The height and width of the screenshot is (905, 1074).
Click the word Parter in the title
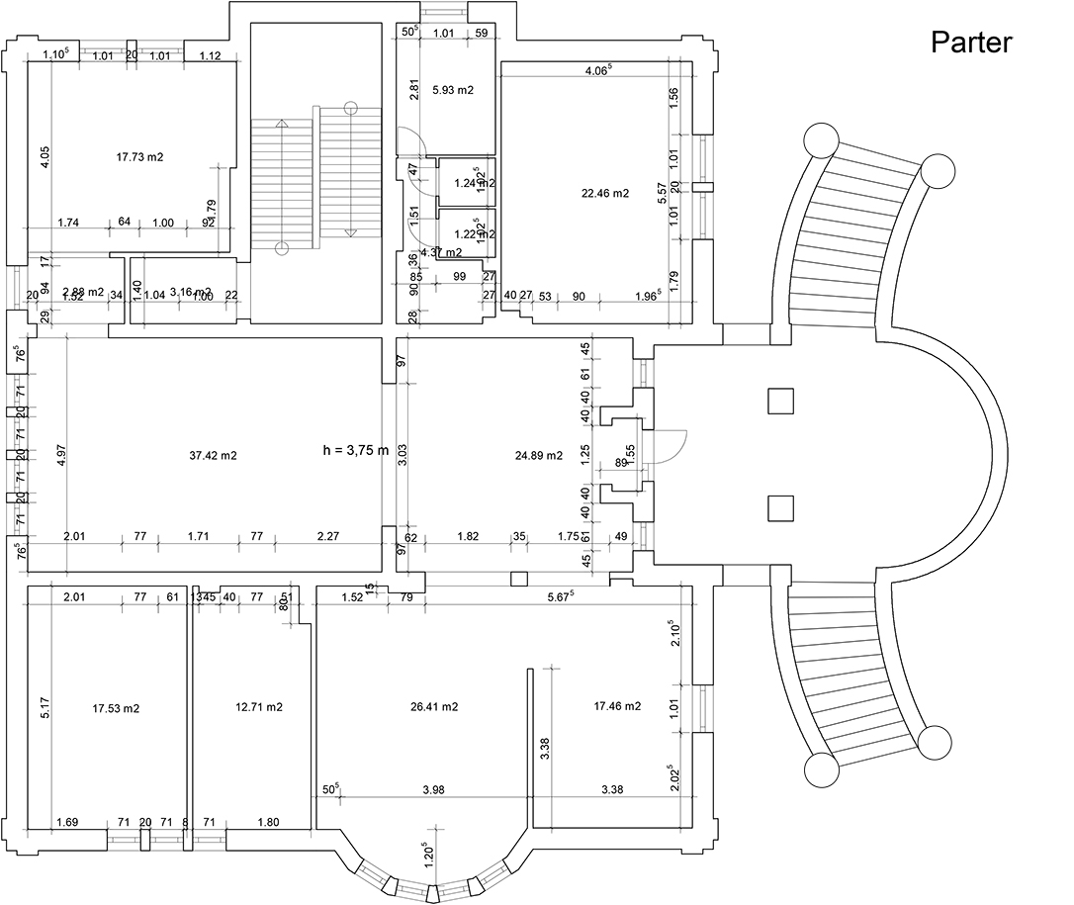971,43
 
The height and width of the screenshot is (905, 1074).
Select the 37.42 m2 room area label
213,455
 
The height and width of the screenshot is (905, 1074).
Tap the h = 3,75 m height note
356,450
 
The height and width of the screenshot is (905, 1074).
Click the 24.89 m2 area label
539,455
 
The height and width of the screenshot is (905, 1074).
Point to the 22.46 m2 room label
605,194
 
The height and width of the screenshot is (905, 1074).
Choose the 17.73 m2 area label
139,156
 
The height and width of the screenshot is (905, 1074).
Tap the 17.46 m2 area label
617,706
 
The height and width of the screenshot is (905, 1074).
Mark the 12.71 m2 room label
259,706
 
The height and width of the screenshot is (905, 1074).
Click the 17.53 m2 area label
116,708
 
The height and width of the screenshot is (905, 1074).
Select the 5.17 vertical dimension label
45,708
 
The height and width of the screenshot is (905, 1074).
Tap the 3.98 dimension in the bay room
432,789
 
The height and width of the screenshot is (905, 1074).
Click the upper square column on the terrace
781,401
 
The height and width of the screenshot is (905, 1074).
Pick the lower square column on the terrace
781,507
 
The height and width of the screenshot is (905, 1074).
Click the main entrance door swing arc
675,445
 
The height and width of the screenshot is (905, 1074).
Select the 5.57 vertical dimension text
663,194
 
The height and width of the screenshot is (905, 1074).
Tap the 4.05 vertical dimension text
45,157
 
